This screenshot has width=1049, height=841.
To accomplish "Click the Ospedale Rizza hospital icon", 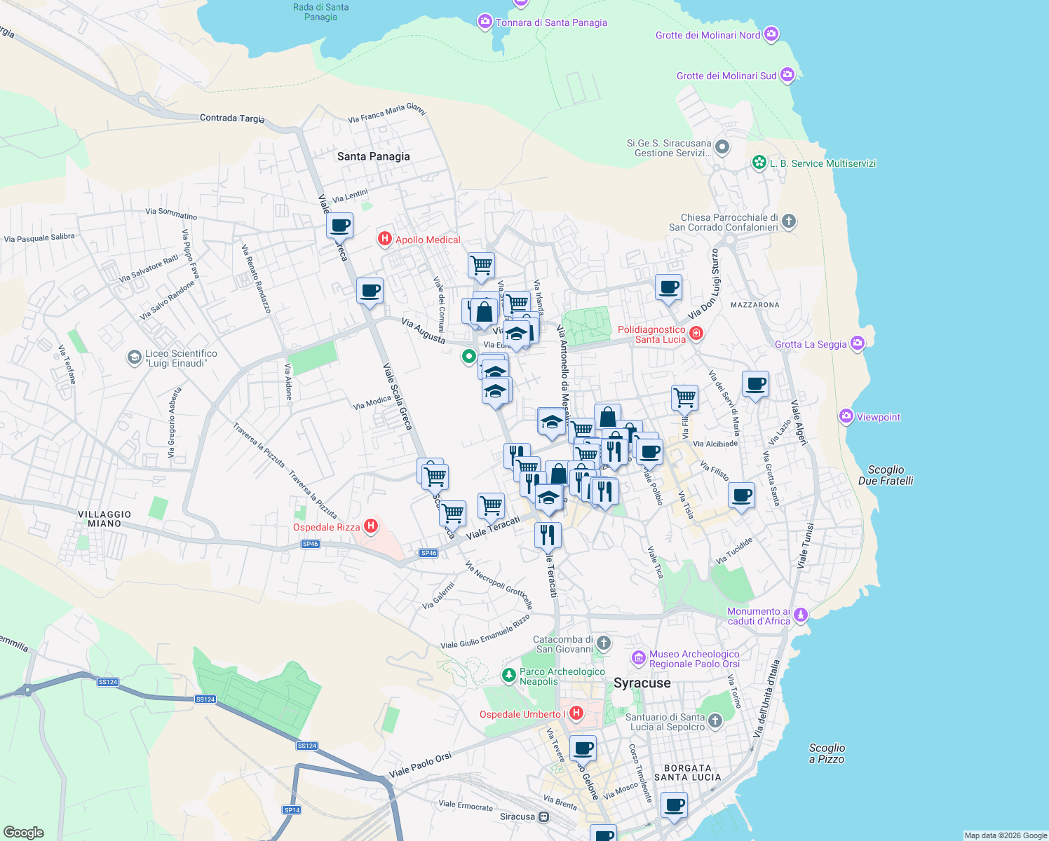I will tap(371, 526).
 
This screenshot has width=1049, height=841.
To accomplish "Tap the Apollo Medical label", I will tap(428, 240).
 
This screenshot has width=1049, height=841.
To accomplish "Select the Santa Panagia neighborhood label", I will tap(373, 156).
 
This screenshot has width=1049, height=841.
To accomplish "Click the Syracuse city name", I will tap(642, 683).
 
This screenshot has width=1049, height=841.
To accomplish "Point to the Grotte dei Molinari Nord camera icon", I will tap(771, 34).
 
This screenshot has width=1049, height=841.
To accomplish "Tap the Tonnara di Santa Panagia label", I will tap(551, 22).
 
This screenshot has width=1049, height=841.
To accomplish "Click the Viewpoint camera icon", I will tap(846, 416).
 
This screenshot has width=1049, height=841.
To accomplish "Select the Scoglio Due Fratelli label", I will tap(886, 475).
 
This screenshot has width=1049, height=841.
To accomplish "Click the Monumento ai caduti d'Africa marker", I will tap(801, 615).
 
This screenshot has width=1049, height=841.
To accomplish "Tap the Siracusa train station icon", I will tap(543, 816).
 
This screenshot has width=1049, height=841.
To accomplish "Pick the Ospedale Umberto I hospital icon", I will tap(576, 713).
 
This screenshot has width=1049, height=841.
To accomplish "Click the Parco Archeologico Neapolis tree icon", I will tap(508, 675).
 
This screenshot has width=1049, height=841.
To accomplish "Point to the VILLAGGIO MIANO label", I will tap(104, 519).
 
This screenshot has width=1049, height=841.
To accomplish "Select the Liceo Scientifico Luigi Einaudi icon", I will tap(134, 358).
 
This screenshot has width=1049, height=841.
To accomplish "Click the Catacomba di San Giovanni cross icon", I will tap(604, 643).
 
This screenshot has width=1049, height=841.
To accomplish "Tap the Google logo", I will tap(23, 832).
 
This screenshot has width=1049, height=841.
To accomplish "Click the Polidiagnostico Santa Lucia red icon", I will tap(696, 333).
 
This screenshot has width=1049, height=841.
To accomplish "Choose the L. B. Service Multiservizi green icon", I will tap(759, 163).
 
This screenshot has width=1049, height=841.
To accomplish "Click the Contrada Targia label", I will tap(232, 118).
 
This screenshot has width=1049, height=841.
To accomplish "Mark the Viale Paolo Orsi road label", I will tap(421, 765).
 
